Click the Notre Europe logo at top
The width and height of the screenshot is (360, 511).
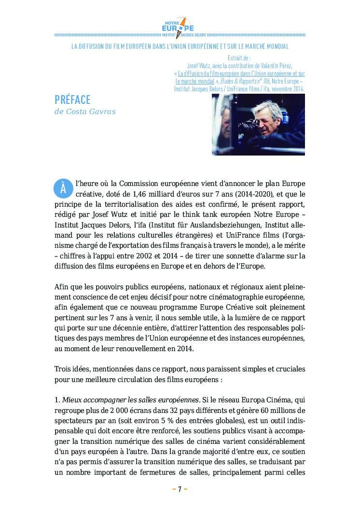[x=180, y=28]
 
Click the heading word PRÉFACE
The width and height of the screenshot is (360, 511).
[x=72, y=99]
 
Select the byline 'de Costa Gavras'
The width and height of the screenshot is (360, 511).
[x=85, y=112]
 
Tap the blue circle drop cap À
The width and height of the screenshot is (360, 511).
[x=63, y=189]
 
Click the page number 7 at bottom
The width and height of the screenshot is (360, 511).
[x=180, y=489]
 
